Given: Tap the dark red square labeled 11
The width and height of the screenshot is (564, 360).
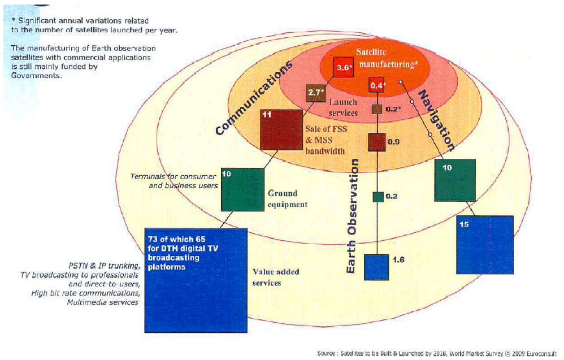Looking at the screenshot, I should point(280,129).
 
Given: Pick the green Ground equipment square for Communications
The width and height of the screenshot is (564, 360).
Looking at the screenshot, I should point(242,189).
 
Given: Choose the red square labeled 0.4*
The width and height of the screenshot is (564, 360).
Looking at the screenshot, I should point(377,85).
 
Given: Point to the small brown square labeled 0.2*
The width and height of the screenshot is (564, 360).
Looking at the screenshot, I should point(377,109).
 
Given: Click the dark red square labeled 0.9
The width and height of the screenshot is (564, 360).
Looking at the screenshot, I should point(377,141).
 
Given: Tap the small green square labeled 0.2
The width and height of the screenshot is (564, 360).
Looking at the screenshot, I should point(378,197).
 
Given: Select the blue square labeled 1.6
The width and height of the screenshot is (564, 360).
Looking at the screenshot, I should point(376,267).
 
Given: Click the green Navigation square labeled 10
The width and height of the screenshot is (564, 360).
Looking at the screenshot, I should point(454,180).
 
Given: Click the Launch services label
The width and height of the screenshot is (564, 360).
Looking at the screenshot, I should point(344,107).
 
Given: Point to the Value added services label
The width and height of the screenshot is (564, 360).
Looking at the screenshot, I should point(276,277).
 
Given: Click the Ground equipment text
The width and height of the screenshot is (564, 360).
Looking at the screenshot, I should point(288,198).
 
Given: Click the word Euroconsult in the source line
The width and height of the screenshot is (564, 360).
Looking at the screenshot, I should point(542,353).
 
